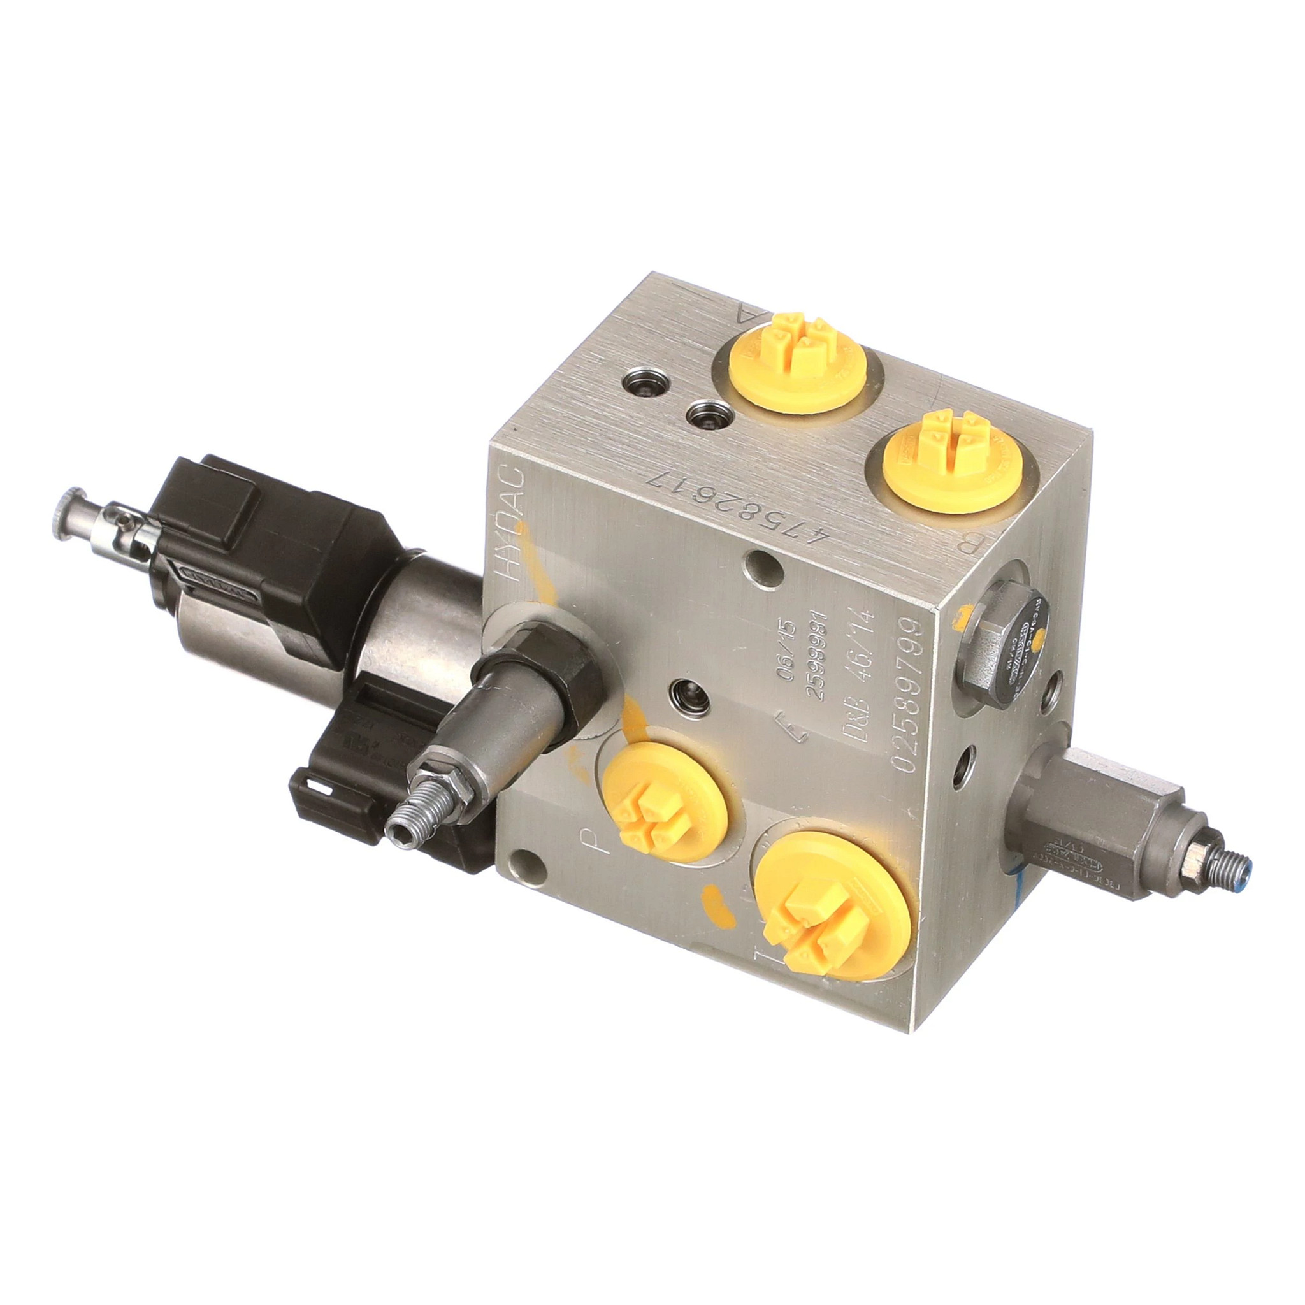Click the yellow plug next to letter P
coord(666,802)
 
